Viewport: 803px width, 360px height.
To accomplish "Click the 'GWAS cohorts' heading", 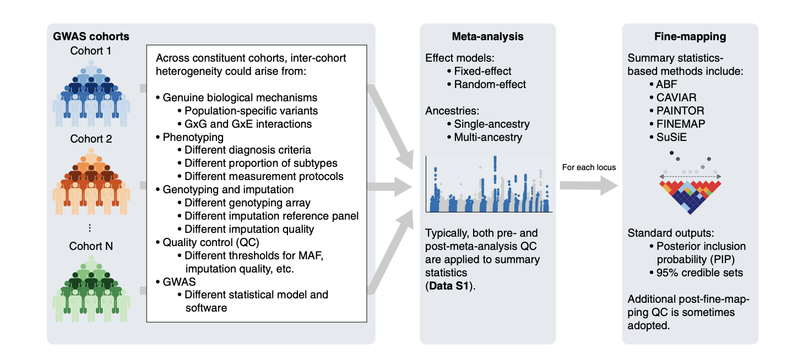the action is click(91, 36).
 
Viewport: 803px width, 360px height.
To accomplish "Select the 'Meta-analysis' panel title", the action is click(487, 36).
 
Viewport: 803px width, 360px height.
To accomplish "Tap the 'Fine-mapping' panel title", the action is click(690, 36).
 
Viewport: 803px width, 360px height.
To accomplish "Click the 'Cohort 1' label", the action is click(91, 51).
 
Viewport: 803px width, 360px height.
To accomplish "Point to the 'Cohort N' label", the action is click(91, 246).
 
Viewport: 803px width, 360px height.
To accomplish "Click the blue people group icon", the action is click(91, 93).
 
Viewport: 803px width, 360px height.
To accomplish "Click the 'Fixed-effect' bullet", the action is click(479, 71).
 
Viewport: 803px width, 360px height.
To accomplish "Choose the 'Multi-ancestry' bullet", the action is click(485, 137).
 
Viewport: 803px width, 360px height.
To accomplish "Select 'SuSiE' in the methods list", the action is click(668, 137).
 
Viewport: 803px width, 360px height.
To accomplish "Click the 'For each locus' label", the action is click(589, 167).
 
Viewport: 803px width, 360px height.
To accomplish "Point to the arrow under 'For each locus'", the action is click(589, 186).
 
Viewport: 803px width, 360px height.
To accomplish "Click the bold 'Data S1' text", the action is click(449, 286).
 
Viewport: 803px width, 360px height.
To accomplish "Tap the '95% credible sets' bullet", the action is click(696, 272).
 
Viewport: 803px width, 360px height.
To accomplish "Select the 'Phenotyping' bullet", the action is click(189, 137).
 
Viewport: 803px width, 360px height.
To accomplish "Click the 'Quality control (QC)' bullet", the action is click(208, 243).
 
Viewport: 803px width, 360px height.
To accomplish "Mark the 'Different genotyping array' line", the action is click(244, 203).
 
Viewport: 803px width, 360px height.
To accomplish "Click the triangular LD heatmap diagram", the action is click(690, 197).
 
